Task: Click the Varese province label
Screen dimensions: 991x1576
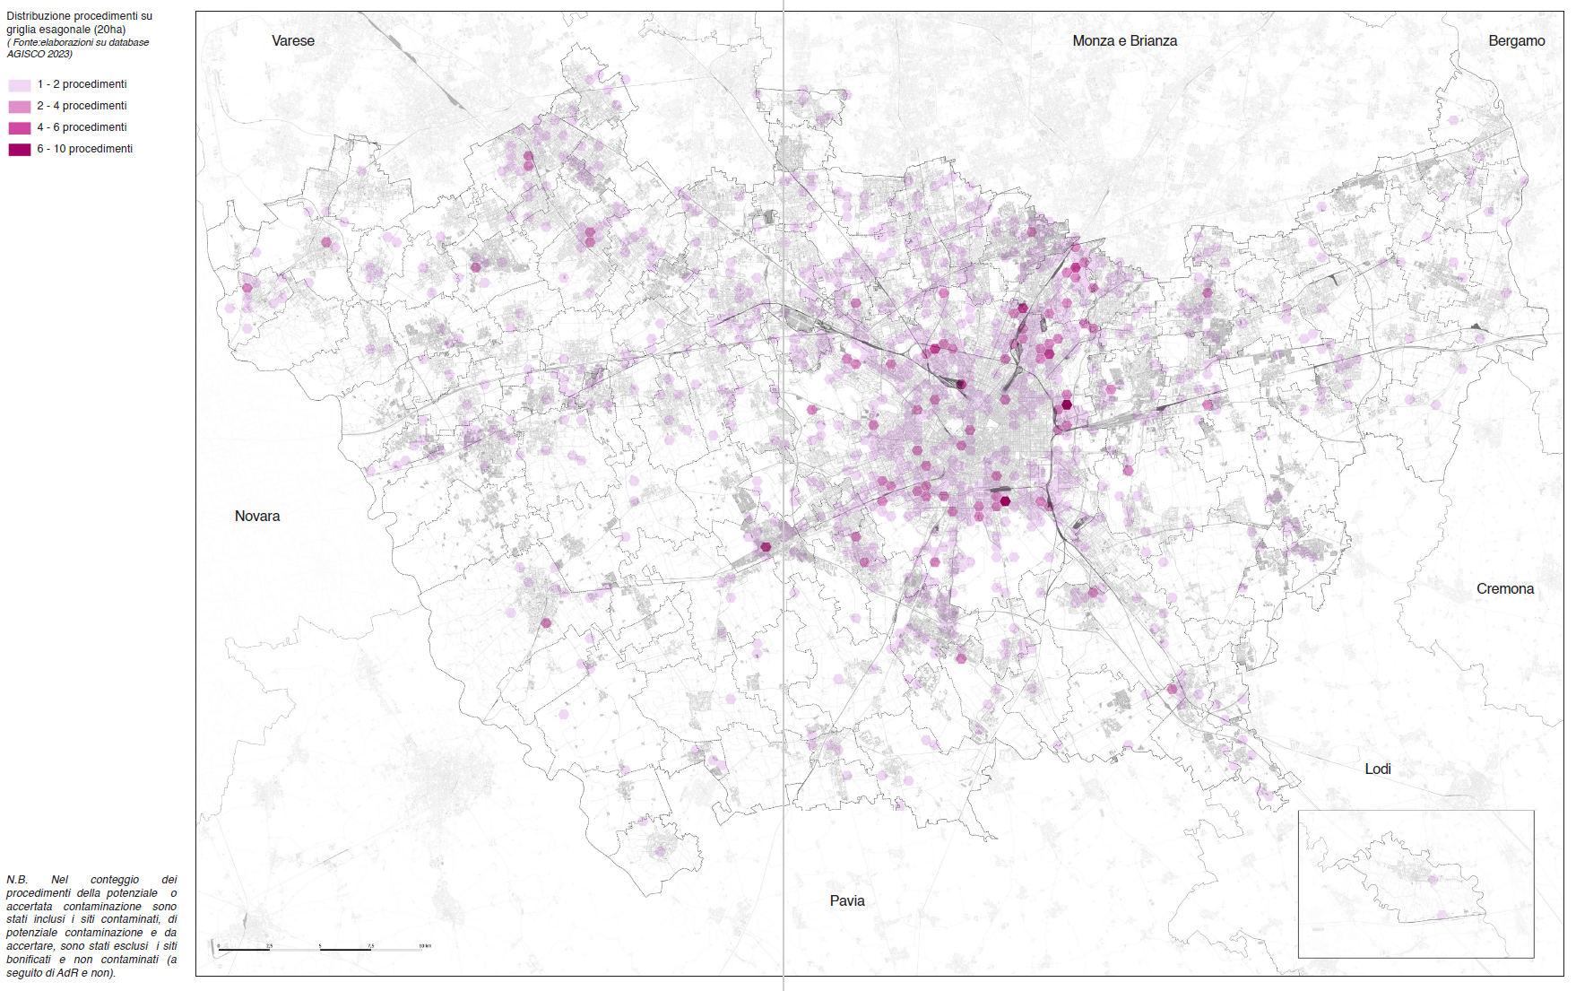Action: [293, 41]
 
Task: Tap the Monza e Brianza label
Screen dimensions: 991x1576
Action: [1124, 41]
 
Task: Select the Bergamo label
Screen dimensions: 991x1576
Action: [1516, 41]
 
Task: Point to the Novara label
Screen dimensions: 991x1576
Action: [257, 517]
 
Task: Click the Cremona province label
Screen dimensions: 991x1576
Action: [1504, 589]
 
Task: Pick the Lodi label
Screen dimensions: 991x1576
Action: [1377, 769]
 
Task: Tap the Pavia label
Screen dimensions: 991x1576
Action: [846, 901]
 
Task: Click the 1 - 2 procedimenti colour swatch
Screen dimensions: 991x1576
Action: [20, 85]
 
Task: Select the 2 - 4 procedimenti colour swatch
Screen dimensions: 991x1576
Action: [20, 107]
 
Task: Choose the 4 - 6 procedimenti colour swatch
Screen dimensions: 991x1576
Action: [20, 128]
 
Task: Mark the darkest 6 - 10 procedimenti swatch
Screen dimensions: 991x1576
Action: [20, 150]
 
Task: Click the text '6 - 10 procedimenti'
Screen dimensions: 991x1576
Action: [84, 149]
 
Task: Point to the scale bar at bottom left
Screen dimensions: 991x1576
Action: [321, 948]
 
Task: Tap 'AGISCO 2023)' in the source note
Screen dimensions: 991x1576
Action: [39, 54]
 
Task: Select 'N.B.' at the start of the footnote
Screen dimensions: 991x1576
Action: [17, 880]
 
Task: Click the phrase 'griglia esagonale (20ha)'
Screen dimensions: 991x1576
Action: [65, 30]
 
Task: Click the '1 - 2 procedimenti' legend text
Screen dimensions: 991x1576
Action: [82, 84]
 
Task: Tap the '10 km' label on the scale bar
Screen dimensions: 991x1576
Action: [425, 945]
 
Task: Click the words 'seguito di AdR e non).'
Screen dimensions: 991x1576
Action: [61, 973]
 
